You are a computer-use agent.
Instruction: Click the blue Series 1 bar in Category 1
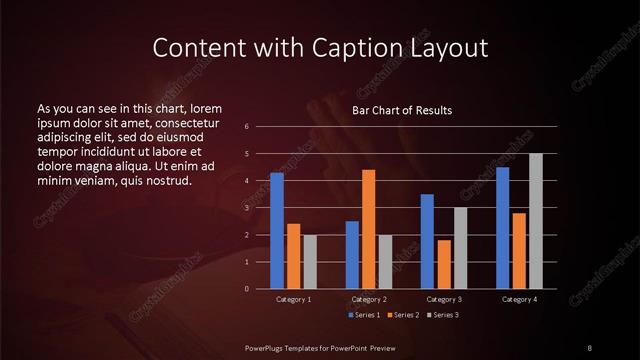pos(277,231)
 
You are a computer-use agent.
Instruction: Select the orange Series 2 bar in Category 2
pos(368,229)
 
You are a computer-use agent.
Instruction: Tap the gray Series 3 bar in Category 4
pos(536,221)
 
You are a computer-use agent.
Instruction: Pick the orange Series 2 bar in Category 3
pos(444,264)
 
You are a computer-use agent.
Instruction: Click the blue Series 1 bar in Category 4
pos(503,228)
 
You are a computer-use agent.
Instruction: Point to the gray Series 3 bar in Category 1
pos(310,262)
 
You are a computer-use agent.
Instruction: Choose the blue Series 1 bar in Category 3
pos(427,241)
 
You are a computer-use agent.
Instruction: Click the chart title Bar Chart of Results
pos(402,110)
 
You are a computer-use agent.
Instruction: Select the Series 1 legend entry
pos(363,315)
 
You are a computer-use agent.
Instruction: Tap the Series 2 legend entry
pos(402,315)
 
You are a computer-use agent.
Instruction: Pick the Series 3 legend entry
pos(441,315)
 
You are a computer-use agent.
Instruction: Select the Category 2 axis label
pos(369,299)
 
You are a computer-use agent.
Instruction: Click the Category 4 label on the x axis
pos(519,299)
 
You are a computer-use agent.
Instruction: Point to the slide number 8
pos(589,347)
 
